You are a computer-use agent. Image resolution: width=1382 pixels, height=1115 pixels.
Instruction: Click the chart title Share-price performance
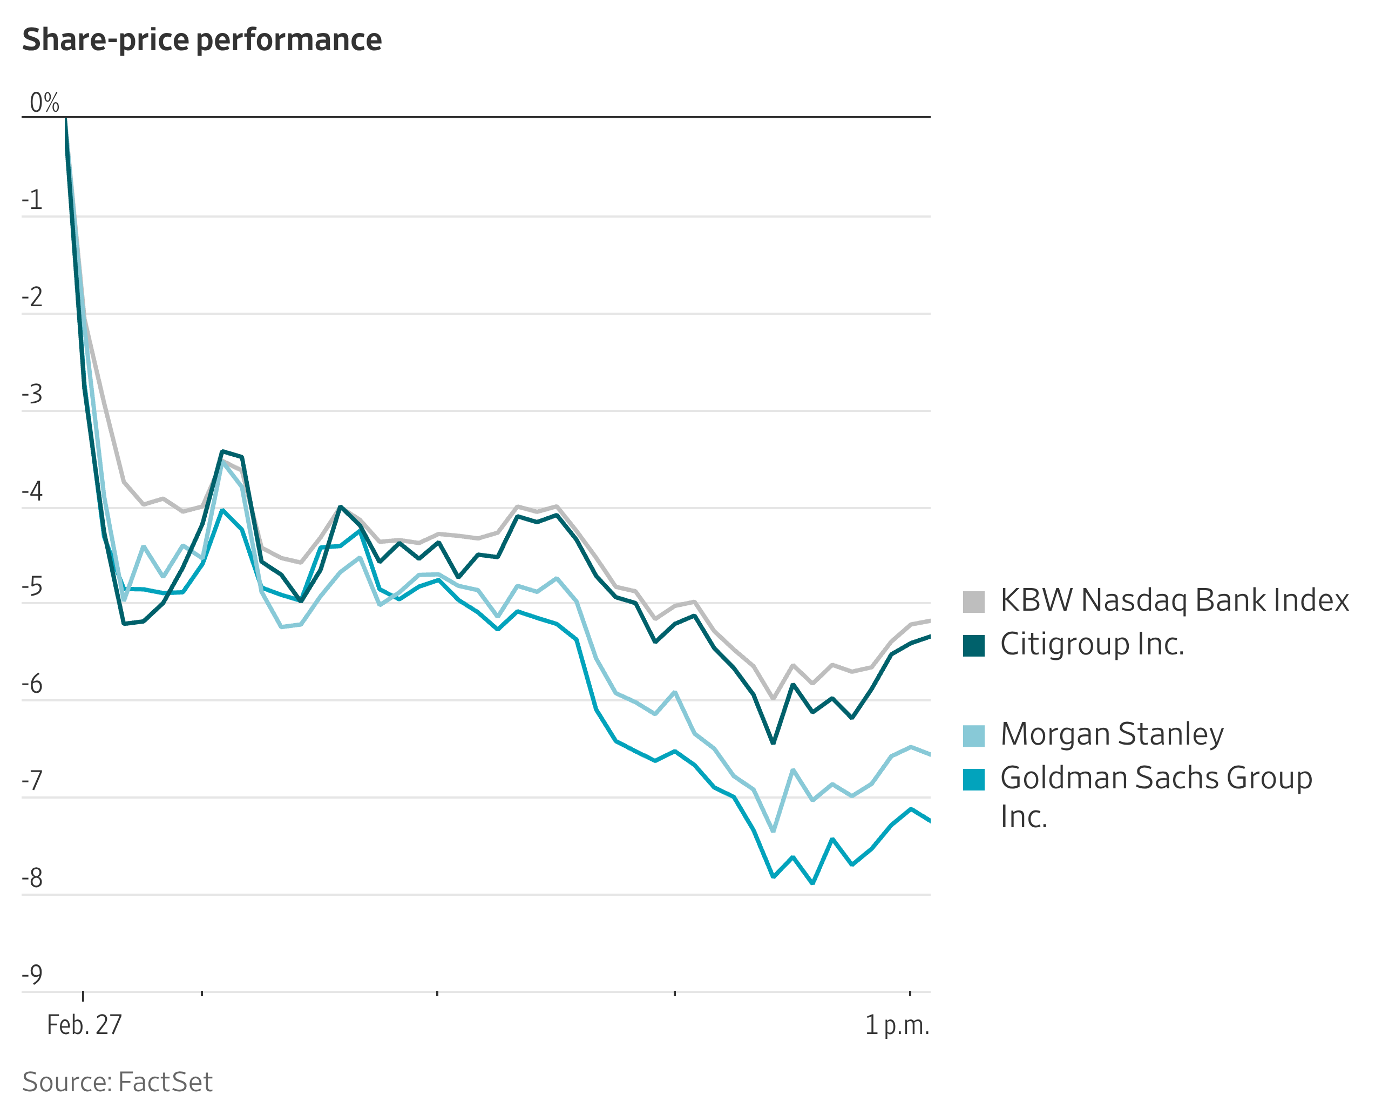tap(202, 40)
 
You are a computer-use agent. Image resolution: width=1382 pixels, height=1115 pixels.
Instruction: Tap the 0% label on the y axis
tap(44, 103)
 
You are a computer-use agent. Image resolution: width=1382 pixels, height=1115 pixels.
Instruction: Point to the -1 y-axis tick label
tap(32, 200)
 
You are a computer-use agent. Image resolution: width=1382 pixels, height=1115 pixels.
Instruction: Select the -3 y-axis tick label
tap(32, 394)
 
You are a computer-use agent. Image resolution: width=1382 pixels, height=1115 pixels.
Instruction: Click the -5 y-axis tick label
tap(32, 587)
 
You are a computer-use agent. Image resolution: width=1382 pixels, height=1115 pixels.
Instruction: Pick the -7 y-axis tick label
tap(32, 781)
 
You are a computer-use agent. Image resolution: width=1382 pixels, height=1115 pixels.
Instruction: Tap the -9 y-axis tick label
tap(32, 975)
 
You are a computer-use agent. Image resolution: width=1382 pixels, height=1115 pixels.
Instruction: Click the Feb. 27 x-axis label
tap(84, 1025)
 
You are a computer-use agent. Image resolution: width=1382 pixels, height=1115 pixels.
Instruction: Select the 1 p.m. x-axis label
tap(897, 1025)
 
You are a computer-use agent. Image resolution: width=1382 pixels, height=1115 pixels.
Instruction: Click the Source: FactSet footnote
tap(117, 1082)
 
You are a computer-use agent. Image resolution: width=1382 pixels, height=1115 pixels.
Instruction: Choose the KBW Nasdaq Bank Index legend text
tap(1174, 600)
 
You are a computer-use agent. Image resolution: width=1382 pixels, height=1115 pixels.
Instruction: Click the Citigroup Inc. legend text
tap(1092, 644)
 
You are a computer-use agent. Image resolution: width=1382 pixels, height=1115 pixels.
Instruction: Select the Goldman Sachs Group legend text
tap(1156, 778)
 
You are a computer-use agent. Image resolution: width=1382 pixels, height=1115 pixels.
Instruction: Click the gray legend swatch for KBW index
tap(973, 602)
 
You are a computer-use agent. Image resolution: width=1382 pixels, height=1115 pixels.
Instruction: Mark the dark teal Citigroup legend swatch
tap(973, 645)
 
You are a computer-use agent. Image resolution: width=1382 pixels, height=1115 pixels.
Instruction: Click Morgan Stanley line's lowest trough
tap(773, 831)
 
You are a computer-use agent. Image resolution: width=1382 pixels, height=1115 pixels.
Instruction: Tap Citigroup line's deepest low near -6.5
tap(773, 743)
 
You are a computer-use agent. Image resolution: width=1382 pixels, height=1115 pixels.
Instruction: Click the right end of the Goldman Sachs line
tap(929, 821)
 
